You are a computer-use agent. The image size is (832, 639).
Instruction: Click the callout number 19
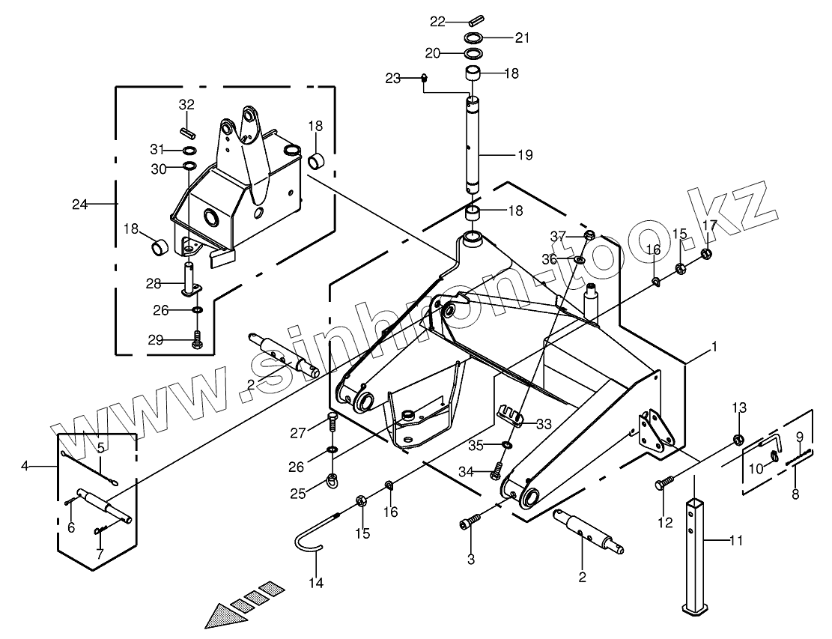pyautogui.click(x=525, y=155)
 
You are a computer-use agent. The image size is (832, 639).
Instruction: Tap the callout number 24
pyautogui.click(x=79, y=204)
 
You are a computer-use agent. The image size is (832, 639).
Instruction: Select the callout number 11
pyautogui.click(x=735, y=541)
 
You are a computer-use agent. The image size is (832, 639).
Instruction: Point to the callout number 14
pyautogui.click(x=316, y=583)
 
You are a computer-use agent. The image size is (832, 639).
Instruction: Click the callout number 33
pyautogui.click(x=544, y=424)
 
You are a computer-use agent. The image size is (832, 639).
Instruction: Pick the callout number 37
pyautogui.click(x=558, y=235)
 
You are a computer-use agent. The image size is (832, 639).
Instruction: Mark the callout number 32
pyautogui.click(x=186, y=105)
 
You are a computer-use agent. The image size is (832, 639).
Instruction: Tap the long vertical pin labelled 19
pyautogui.click(x=473, y=145)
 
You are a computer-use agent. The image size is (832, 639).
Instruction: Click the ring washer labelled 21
pyautogui.click(x=473, y=37)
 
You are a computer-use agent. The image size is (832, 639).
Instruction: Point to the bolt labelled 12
pyautogui.click(x=665, y=482)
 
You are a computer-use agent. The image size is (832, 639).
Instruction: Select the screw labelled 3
pyautogui.click(x=470, y=521)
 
